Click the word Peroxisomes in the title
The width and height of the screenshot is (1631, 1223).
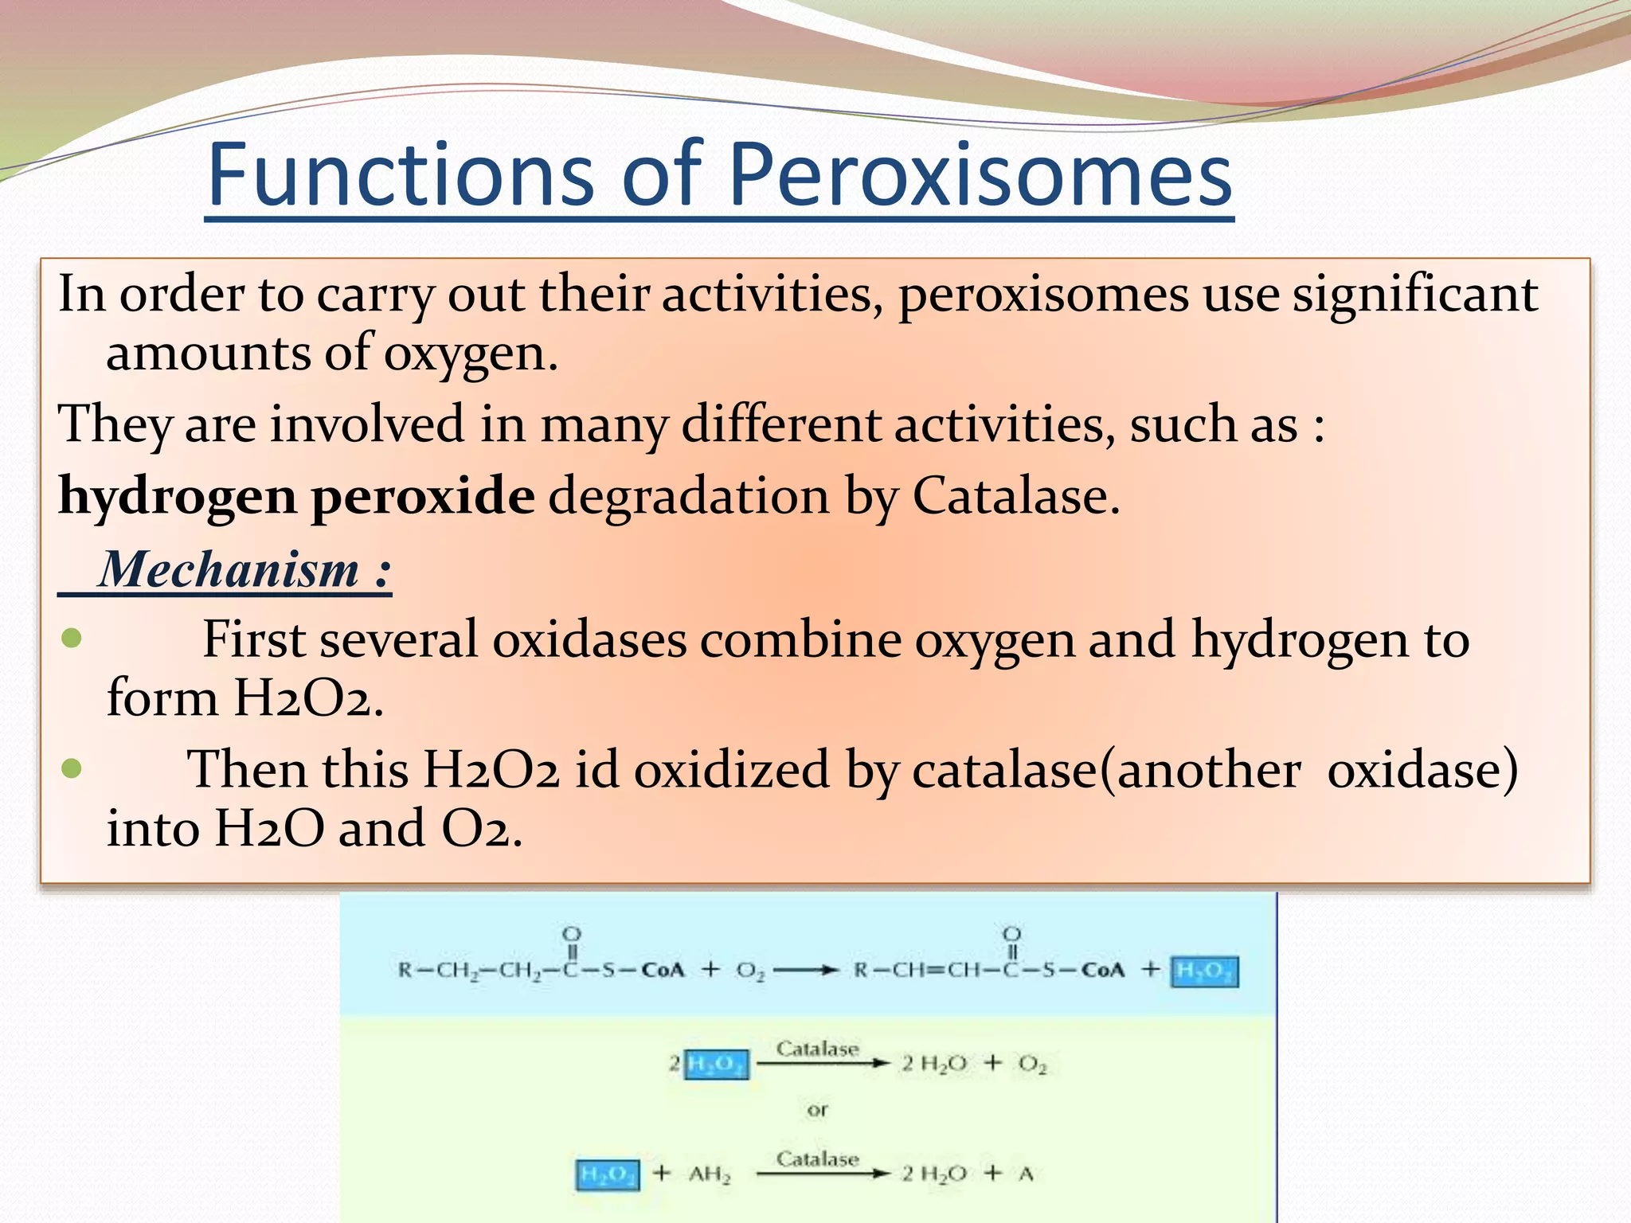tap(980, 174)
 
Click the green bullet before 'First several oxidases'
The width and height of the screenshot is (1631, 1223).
tap(72, 639)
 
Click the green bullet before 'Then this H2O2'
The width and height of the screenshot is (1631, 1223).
tap(72, 768)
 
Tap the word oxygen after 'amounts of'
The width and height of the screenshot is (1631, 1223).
tap(470, 354)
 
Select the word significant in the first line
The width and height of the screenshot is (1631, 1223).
tap(1414, 295)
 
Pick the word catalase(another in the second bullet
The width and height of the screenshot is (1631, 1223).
tap(1107, 770)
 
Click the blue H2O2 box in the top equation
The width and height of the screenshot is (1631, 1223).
tap(1204, 971)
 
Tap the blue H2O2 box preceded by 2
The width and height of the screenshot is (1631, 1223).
tap(716, 1064)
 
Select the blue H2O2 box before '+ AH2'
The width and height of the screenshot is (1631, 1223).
tap(607, 1174)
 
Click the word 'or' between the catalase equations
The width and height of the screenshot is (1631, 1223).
tap(817, 1110)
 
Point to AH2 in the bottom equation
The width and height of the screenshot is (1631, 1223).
tap(709, 1174)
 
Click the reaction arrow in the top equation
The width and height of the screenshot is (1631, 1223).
tap(804, 971)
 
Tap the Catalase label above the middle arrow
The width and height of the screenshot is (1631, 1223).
tap(817, 1049)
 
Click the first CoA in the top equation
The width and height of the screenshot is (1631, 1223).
tap(663, 971)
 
